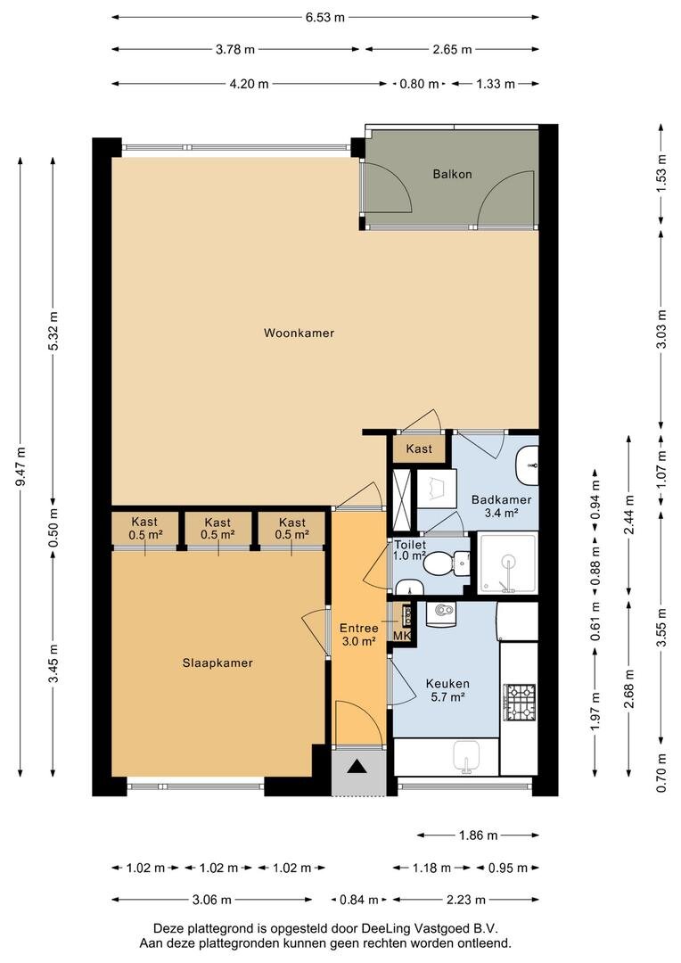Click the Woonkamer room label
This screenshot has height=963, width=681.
coord(299,333)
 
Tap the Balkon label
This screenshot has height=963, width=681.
coord(452,174)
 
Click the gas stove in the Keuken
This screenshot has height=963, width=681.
coord(520,703)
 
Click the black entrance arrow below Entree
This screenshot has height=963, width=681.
coord(357,767)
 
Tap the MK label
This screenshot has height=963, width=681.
coord(402,636)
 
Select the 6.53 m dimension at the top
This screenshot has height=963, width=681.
coord(325,17)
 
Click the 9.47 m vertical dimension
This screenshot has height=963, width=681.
coord(21,466)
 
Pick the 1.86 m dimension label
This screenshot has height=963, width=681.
coord(479,835)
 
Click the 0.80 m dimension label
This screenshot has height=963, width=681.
coord(420,84)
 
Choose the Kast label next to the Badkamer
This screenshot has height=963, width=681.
coord(419,449)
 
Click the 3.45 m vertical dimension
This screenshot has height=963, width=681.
coord(53,663)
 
